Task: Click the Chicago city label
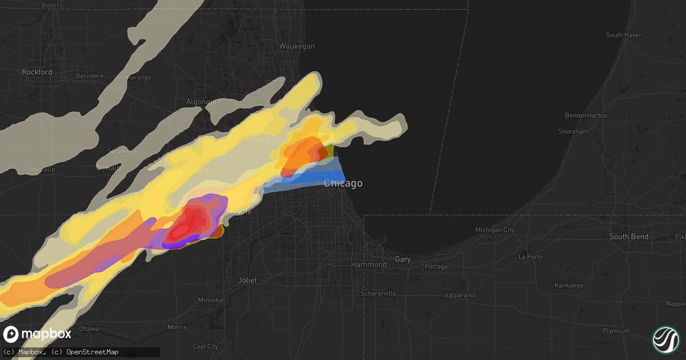[343, 183]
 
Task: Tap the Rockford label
[37, 72]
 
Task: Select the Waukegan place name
[297, 46]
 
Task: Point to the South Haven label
[624, 35]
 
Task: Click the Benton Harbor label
[587, 115]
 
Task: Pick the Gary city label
[402, 259]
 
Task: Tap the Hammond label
[369, 265]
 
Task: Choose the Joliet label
[248, 281]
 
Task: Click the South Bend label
[629, 237]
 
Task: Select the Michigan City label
[495, 230]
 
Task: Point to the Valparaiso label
[460, 295]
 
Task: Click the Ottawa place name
[89, 329]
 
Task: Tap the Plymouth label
[616, 331]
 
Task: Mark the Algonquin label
[204, 102]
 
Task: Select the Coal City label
[205, 346]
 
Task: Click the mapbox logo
[38, 334]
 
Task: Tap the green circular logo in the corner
[665, 339]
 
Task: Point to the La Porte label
[531, 257]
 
